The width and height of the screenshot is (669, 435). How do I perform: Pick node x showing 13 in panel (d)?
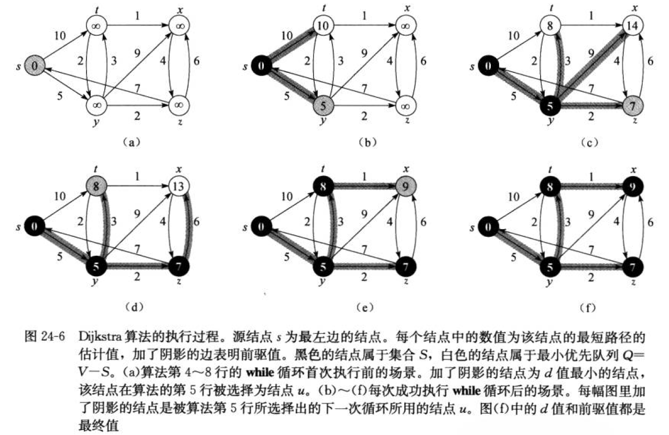178,186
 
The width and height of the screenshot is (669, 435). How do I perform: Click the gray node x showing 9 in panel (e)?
404,186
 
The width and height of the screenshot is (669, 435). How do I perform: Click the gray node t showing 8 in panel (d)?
96,186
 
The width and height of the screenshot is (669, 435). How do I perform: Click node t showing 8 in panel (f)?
547,186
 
